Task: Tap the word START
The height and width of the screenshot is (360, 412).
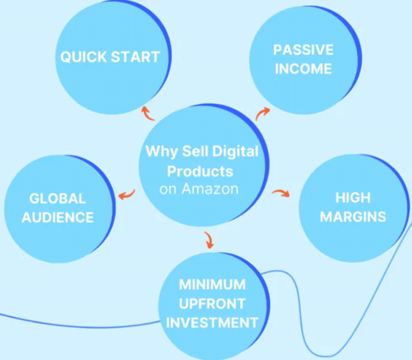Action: tap(136, 57)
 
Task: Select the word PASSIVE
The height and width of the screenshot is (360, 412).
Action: tap(303, 50)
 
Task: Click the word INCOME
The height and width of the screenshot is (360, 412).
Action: tap(303, 68)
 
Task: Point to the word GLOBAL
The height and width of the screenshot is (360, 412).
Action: tap(58, 198)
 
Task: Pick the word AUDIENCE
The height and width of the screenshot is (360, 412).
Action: tap(58, 217)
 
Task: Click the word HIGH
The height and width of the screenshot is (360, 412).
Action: tap(353, 198)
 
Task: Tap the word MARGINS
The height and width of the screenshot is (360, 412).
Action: tap(353, 217)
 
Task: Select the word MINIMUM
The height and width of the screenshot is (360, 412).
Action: tap(212, 285)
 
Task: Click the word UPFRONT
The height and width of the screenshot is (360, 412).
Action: tap(212, 304)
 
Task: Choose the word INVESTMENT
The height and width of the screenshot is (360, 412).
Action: tap(212, 322)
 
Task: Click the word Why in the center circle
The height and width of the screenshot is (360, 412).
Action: tap(162, 152)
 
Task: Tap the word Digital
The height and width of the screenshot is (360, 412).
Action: tap(235, 152)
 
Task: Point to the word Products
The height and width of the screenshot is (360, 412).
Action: tap(200, 171)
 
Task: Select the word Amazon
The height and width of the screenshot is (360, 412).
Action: tap(210, 189)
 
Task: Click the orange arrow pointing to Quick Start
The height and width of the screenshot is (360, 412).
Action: tap(147, 114)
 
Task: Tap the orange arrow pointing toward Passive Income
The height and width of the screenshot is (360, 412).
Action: tap(262, 113)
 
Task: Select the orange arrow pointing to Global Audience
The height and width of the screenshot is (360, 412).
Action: tap(127, 195)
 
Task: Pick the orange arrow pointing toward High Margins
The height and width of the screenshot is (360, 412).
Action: tap(281, 193)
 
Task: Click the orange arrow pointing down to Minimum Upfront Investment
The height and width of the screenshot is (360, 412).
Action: tap(209, 240)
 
